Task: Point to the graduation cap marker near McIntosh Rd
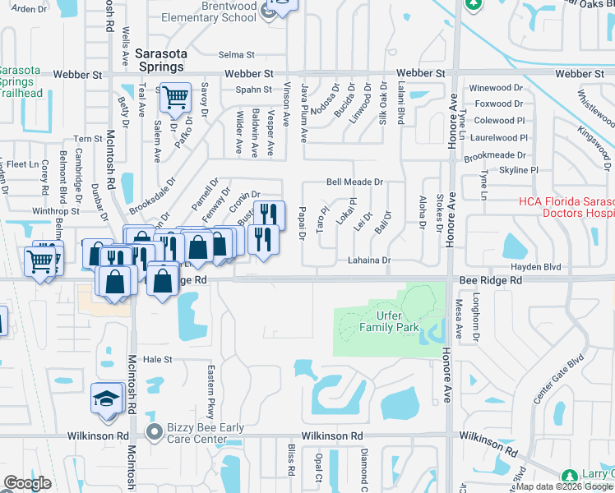point(104,399)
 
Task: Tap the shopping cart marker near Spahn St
point(174,99)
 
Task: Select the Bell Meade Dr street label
point(354,182)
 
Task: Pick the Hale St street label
point(157,359)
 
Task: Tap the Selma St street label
point(238,55)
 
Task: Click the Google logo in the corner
point(28,483)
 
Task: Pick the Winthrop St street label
point(55,211)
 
